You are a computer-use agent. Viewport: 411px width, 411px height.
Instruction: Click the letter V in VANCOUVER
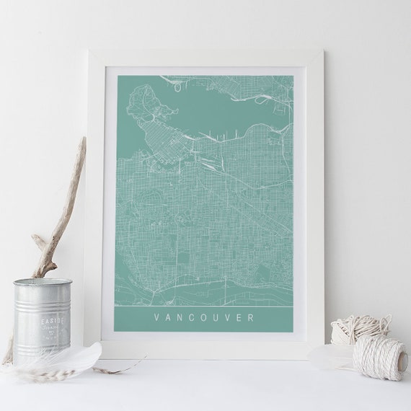156,317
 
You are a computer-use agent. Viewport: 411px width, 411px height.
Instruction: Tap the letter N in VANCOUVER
181,317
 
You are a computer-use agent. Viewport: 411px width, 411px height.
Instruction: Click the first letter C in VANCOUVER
193,317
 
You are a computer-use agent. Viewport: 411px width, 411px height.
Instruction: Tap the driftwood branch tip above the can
81,141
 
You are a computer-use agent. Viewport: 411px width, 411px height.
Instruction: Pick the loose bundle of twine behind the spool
358,328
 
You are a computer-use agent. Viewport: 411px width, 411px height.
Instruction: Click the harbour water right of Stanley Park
209,108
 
